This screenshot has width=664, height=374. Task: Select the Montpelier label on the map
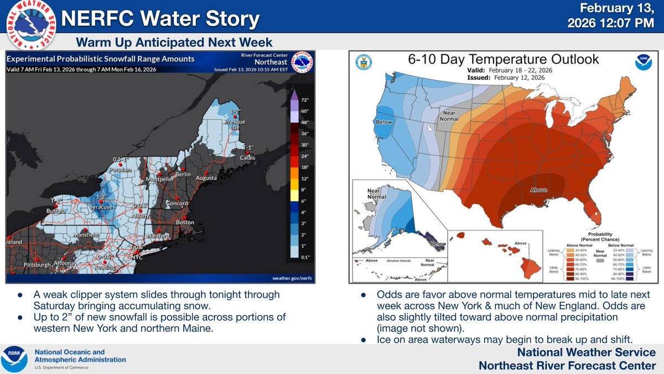[x=160, y=179]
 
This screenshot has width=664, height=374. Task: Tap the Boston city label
[x=185, y=223]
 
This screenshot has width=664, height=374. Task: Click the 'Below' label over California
[x=383, y=122]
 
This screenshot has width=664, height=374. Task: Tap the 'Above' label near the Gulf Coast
[x=538, y=190]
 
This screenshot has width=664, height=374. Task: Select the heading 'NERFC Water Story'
[x=160, y=19]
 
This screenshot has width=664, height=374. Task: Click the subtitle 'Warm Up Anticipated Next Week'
[x=174, y=43]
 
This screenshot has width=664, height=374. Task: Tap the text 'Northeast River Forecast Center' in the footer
[x=567, y=365]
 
